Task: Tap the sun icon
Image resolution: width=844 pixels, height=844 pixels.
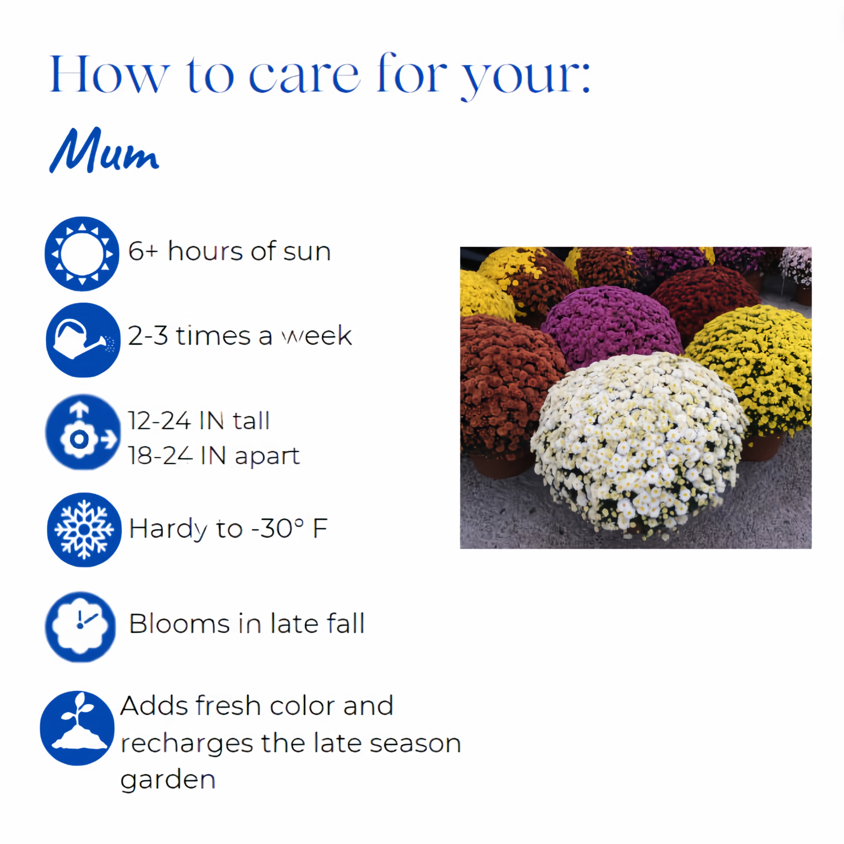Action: pyautogui.click(x=82, y=254)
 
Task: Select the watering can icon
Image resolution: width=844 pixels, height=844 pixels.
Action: pyautogui.click(x=83, y=340)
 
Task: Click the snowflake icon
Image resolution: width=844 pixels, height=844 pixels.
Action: pyautogui.click(x=84, y=530)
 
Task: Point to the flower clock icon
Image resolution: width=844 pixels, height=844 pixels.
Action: pyautogui.click(x=80, y=626)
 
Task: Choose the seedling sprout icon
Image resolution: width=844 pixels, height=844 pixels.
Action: pyautogui.click(x=77, y=728)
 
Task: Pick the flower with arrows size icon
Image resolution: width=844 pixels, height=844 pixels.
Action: pyautogui.click(x=83, y=432)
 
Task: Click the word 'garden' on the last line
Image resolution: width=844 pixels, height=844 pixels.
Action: pyautogui.click(x=168, y=781)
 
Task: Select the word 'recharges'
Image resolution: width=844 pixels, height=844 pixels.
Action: pyautogui.click(x=187, y=744)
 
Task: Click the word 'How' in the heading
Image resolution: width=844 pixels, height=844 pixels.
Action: pyautogui.click(x=109, y=75)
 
